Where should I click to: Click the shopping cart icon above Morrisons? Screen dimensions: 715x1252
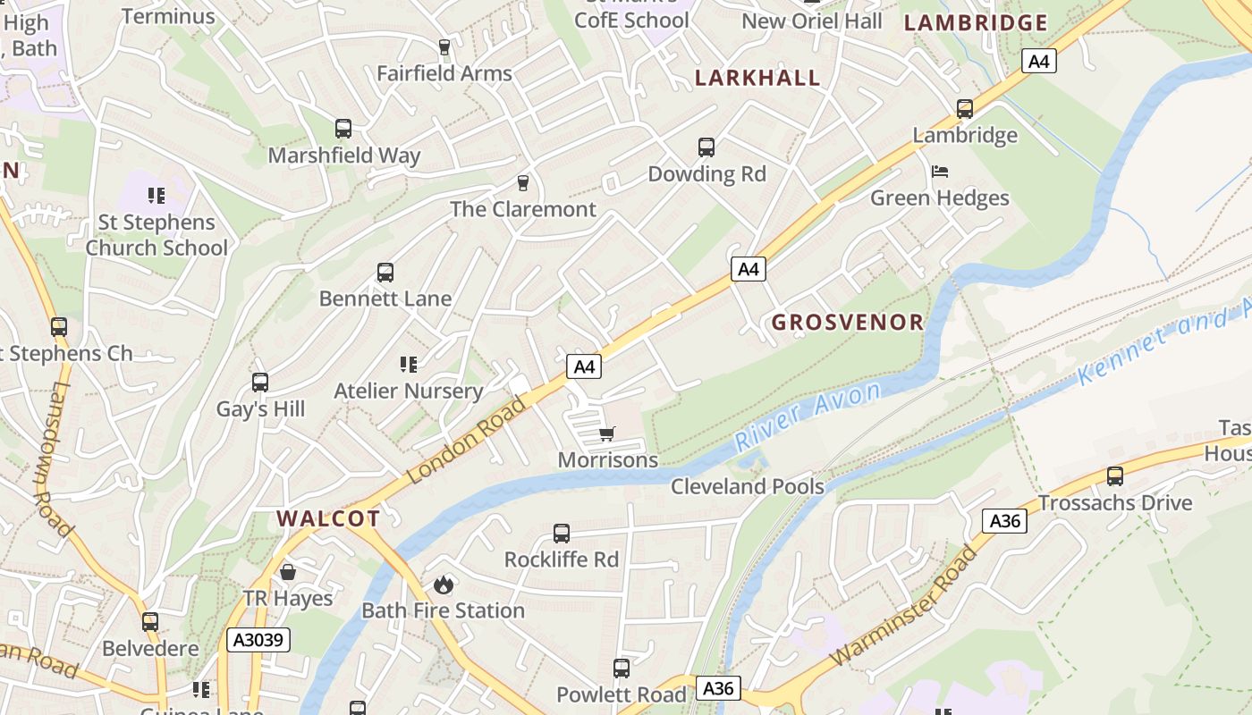click(x=607, y=434)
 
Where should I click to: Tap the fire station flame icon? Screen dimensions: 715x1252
click(x=443, y=585)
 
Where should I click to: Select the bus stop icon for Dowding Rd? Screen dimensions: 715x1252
click(x=706, y=147)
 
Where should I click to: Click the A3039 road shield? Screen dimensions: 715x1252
click(x=258, y=639)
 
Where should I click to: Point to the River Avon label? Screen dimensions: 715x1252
click(x=807, y=416)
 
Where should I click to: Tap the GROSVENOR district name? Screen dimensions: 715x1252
click(x=847, y=323)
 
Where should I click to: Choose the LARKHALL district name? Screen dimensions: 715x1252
click(x=757, y=78)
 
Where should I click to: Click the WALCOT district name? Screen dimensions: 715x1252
click(x=328, y=518)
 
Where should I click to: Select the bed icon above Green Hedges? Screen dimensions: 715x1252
click(x=939, y=171)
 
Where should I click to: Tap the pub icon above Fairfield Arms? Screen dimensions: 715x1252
click(x=444, y=46)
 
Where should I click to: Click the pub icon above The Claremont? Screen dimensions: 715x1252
click(x=523, y=182)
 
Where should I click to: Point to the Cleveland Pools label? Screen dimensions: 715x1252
click(x=748, y=486)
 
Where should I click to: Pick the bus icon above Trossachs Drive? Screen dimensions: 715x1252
click(x=1114, y=475)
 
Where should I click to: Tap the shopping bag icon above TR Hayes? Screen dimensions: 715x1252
click(x=288, y=571)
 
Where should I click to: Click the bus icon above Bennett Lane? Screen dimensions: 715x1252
click(x=385, y=272)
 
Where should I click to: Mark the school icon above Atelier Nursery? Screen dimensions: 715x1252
click(x=409, y=364)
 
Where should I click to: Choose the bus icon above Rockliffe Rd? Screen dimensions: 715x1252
click(x=561, y=533)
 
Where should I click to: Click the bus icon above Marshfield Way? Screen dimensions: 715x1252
click(x=343, y=128)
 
